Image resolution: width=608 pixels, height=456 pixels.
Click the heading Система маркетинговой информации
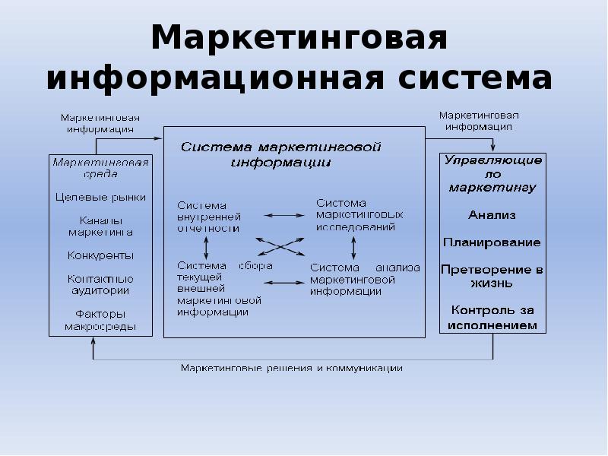tap(280, 153)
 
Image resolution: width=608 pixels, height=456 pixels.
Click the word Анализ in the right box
tap(492, 215)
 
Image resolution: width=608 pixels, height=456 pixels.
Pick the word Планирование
tap(492, 242)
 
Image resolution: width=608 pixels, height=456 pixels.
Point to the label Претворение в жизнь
tap(492, 276)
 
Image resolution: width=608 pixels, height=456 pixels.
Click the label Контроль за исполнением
tap(492, 317)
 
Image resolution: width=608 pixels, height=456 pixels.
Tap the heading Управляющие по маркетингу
tap(492, 173)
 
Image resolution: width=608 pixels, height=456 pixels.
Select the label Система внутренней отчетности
tap(208, 217)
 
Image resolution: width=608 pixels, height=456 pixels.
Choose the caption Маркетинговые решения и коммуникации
tap(291, 369)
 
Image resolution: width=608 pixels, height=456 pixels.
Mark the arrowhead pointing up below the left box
tap(93, 341)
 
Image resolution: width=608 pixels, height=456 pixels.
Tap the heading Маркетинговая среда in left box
tap(100, 167)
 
